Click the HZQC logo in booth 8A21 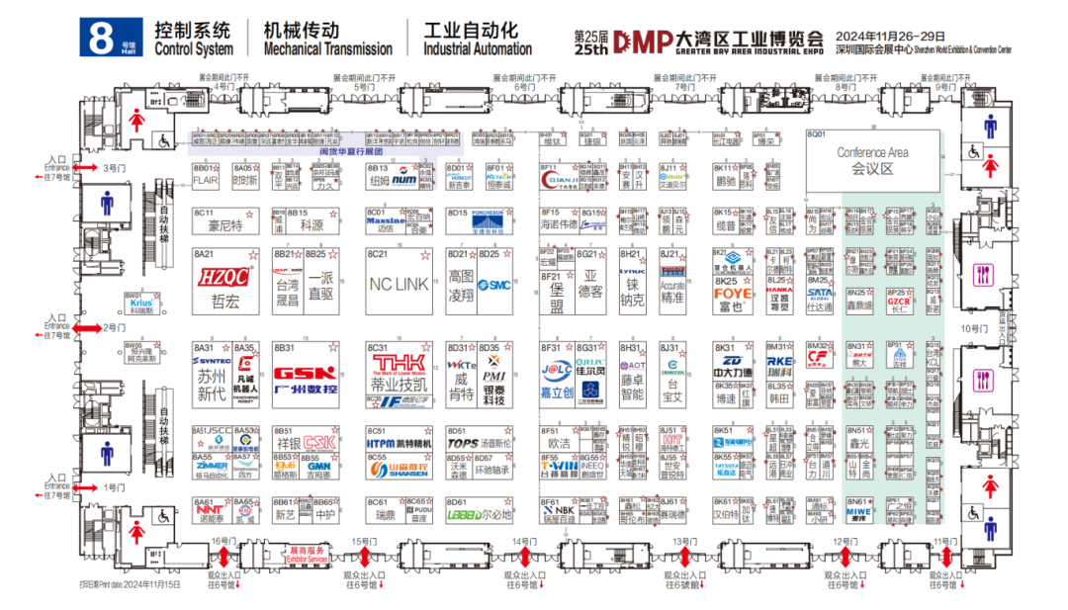223,277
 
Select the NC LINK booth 399,283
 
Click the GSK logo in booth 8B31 305,375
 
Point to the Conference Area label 872,153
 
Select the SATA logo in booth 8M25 820,293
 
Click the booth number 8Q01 816,133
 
